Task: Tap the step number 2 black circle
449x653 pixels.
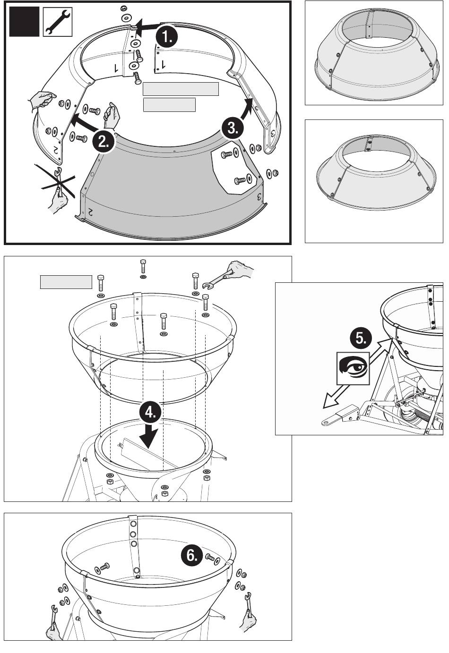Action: (x=104, y=140)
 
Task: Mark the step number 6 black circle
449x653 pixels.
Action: (x=192, y=556)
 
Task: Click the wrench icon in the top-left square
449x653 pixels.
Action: (x=57, y=22)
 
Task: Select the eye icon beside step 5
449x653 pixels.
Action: (x=353, y=367)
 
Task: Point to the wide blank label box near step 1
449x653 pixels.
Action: (x=181, y=89)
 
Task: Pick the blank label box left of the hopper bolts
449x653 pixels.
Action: (x=66, y=282)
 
